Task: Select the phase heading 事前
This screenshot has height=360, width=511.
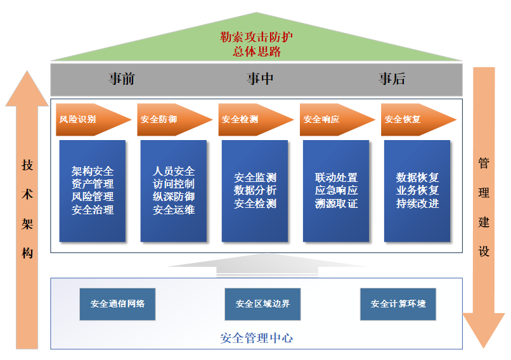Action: [121, 79]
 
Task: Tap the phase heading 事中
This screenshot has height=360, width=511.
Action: [260, 79]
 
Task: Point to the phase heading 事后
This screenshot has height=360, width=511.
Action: [392, 79]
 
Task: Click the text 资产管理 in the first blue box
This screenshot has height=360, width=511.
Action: [93, 184]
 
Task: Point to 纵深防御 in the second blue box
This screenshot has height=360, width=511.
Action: [174, 197]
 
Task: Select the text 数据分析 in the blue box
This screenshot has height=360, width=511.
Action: [255, 190]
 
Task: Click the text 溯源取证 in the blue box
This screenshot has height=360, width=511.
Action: [336, 203]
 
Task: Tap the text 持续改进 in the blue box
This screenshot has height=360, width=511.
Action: [417, 203]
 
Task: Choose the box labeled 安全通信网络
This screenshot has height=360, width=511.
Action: [118, 304]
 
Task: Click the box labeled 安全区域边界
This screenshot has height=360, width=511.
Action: [262, 304]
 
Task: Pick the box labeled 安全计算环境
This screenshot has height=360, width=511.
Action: [398, 304]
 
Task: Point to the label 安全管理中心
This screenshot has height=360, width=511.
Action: [257, 338]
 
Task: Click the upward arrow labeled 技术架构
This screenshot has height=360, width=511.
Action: [27, 209]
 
